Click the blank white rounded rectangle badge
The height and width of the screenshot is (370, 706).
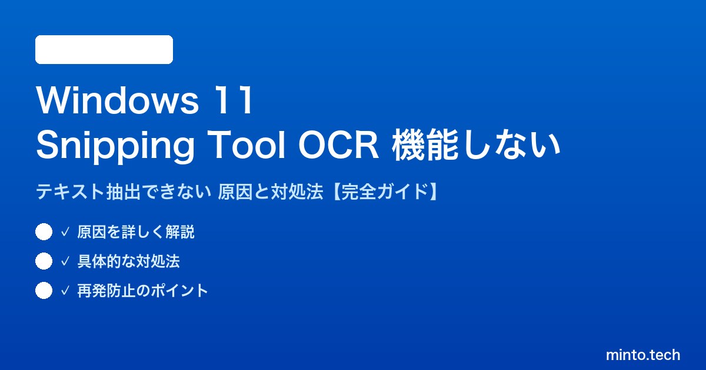[104, 50]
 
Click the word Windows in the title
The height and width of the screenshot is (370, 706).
[118, 100]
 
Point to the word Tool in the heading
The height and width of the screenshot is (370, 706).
[246, 144]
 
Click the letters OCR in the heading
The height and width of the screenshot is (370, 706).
[338, 145]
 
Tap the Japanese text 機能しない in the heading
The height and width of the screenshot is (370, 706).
[476, 145]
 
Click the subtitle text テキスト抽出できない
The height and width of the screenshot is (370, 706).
[124, 191]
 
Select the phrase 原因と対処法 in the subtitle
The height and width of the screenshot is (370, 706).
[271, 191]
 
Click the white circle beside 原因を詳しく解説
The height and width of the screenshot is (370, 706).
[44, 232]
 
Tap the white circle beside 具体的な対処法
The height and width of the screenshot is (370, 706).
[44, 261]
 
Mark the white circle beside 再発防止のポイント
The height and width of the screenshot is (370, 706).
[44, 290]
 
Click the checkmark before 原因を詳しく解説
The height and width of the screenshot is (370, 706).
[65, 232]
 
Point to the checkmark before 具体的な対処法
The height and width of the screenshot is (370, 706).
[65, 261]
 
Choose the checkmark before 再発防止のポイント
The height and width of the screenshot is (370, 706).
[65, 290]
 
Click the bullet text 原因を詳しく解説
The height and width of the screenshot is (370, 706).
[136, 232]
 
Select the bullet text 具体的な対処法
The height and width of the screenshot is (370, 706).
[129, 261]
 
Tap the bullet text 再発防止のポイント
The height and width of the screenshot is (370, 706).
[143, 290]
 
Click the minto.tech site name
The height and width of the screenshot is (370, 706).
[643, 355]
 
